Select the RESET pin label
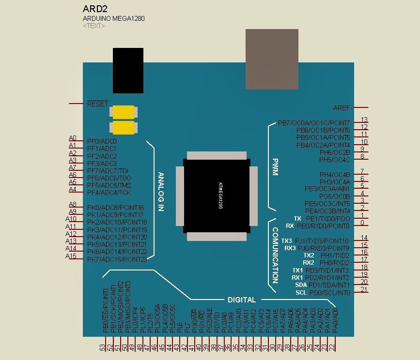[97, 104]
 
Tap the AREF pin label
[342, 108]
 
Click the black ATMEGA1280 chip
[217, 196]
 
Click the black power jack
[128, 70]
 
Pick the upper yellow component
[123, 112]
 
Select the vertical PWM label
[275, 167]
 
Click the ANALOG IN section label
[161, 192]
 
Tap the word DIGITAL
[241, 300]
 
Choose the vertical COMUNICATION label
[275, 255]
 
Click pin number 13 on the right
[364, 120]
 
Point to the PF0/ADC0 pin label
[102, 141]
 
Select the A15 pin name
[71, 256]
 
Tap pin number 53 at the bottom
[102, 347]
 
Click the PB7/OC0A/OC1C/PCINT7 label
[313, 123]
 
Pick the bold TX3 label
[287, 241]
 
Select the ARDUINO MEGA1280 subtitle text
[113, 19]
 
